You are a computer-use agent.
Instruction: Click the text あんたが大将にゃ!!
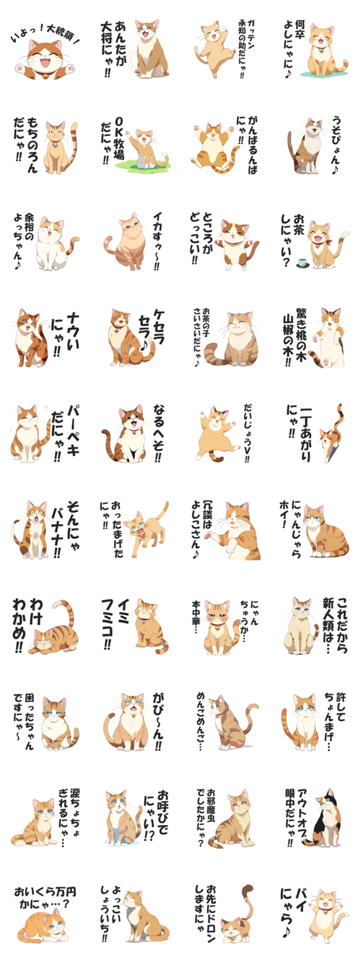click(x=112, y=49)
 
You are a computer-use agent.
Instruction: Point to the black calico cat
click(x=327, y=817)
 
